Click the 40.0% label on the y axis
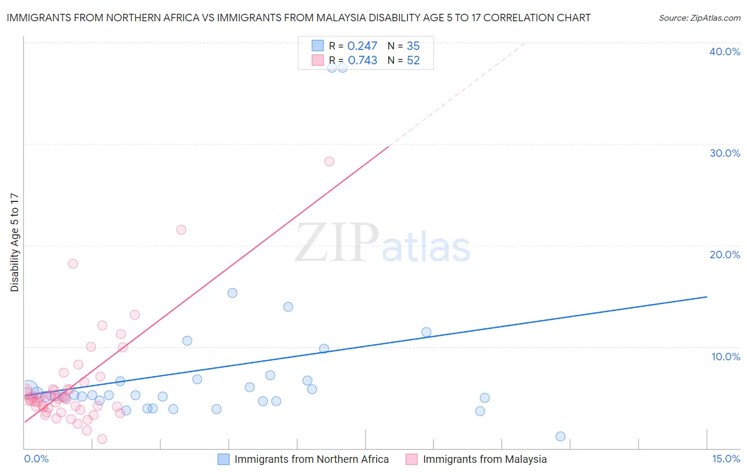725,52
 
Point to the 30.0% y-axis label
725,153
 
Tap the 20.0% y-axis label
725,255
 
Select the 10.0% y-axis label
726,357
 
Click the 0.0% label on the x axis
36,459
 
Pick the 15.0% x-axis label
726,459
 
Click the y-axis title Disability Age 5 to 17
14,242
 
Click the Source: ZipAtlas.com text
699,18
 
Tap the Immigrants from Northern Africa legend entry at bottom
311,459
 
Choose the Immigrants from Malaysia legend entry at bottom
485,459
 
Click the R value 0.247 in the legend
362,46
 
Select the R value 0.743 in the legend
362,61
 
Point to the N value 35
413,46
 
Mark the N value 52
413,61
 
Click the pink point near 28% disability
329,162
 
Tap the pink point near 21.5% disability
181,230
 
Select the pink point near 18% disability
73,264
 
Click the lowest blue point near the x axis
561,436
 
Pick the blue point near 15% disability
232,293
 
